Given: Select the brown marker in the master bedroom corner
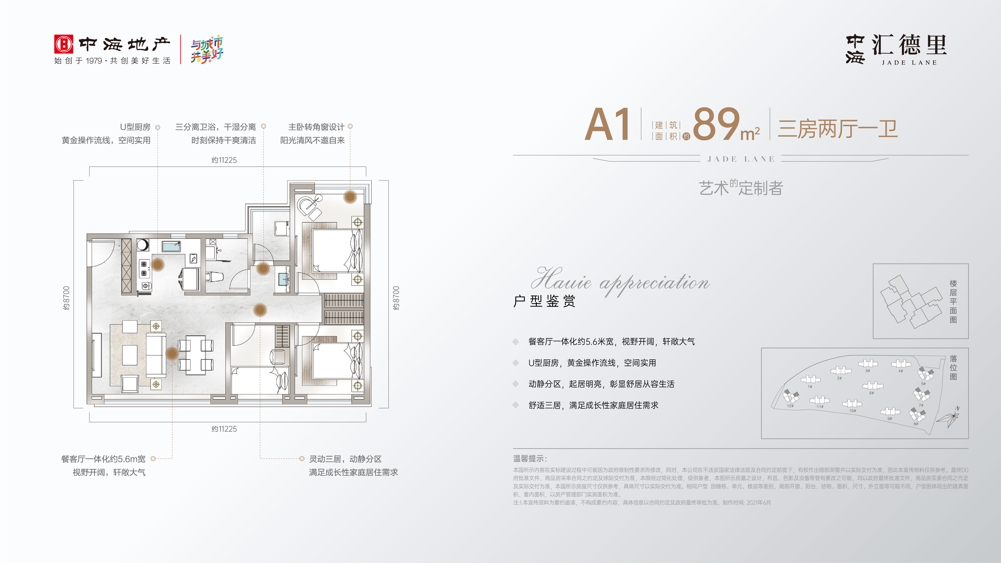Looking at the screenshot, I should click(x=350, y=197).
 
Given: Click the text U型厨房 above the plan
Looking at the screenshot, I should click(x=135, y=127).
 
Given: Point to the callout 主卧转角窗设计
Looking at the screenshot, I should click(x=316, y=127).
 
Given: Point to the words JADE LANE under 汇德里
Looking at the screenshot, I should click(x=909, y=63).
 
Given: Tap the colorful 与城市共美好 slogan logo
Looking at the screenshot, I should click(x=207, y=49).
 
